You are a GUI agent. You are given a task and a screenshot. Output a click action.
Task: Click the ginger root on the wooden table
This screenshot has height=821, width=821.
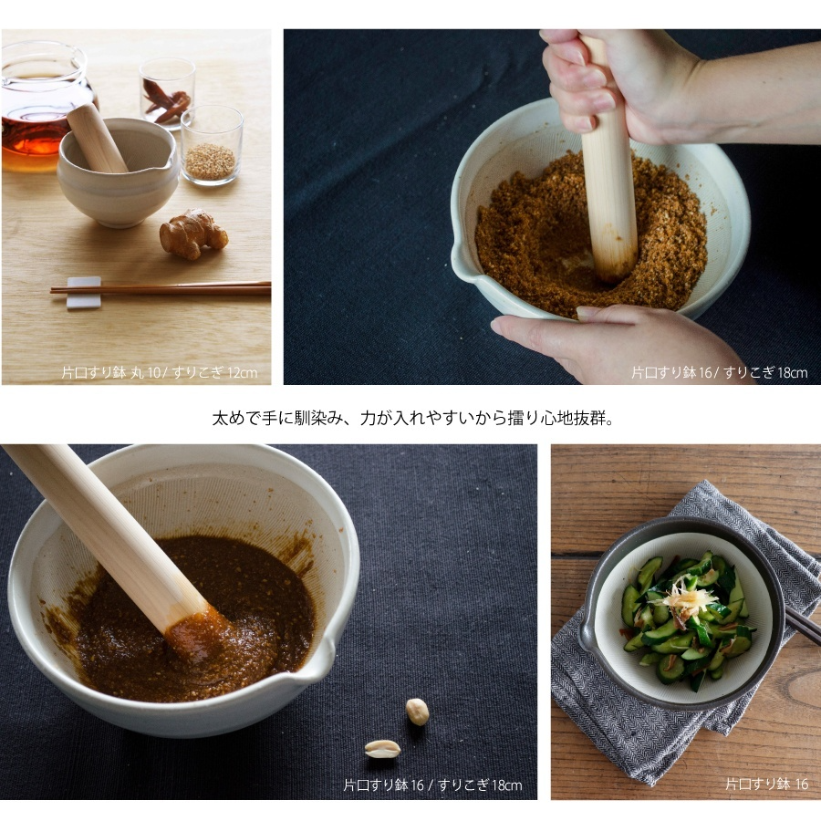[x=193, y=234]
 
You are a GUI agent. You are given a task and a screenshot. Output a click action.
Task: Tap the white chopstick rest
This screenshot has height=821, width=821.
[x=83, y=292]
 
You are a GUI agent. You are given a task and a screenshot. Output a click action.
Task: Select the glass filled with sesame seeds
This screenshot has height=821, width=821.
[x=212, y=145]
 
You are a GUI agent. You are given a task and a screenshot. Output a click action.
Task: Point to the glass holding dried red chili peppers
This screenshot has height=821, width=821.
[x=167, y=93]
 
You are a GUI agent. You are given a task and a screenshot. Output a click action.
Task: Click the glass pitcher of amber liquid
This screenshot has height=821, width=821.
[x=42, y=105]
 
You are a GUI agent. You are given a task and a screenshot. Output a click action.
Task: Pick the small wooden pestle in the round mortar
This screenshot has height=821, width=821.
[x=97, y=137]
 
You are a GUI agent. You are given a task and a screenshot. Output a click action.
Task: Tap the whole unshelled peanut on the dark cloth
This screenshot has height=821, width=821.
[x=417, y=712]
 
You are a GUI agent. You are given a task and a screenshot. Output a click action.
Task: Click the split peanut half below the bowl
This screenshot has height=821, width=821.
[x=382, y=749]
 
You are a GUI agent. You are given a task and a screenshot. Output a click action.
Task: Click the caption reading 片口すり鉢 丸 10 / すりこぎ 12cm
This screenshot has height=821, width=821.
[x=159, y=372]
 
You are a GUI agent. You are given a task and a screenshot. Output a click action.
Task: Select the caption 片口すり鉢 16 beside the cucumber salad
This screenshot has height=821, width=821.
[x=766, y=784]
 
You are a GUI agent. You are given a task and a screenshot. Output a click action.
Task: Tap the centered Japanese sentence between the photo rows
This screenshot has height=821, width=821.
[x=412, y=418]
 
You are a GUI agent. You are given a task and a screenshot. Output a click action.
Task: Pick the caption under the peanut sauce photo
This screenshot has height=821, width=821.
[x=432, y=785]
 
